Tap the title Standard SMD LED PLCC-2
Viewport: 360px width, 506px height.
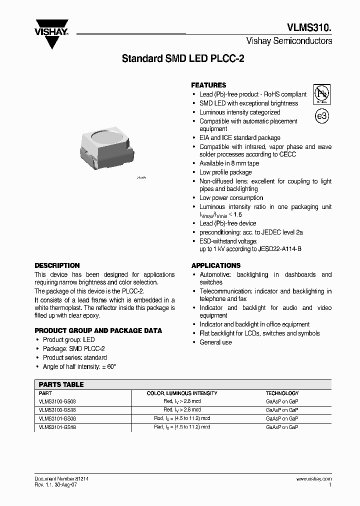point(183,58)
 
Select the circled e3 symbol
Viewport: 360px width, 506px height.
point(322,116)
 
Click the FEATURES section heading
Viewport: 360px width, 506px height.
point(208,85)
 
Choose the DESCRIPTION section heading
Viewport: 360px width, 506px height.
point(57,265)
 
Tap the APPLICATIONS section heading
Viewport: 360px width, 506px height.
point(215,265)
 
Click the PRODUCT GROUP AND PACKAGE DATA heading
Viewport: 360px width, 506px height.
point(98,330)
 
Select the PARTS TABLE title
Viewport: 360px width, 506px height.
point(61,384)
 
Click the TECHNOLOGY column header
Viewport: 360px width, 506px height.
point(282,393)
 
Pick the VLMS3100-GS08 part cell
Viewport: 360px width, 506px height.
point(57,401)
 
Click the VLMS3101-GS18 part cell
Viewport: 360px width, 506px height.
point(57,427)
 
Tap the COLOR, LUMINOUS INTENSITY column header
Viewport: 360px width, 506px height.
point(181,393)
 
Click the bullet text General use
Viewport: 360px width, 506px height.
point(215,342)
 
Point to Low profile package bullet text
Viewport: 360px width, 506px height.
point(225,172)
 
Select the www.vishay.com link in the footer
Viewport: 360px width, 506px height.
point(313,478)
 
